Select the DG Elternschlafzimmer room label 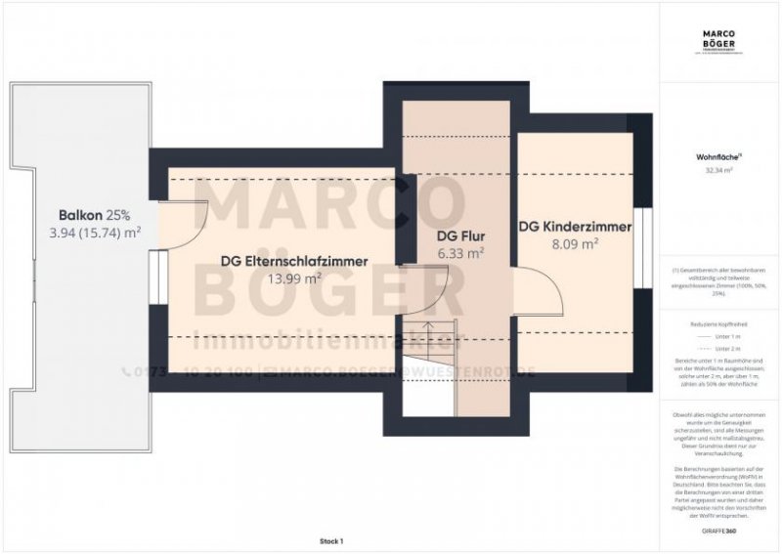click(x=294, y=261)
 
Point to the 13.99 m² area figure click(x=295, y=278)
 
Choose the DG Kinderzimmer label click(x=575, y=227)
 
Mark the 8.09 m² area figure click(x=574, y=244)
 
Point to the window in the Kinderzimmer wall click(x=641, y=247)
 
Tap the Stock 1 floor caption click(x=331, y=540)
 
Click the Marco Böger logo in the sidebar click(x=719, y=40)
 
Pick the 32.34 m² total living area click(x=719, y=170)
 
